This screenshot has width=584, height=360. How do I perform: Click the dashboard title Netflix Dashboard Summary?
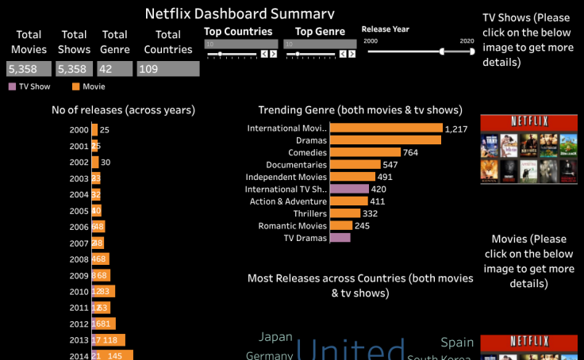240,13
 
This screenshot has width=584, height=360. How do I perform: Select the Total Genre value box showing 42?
115,69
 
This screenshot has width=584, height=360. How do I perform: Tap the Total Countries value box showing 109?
167,69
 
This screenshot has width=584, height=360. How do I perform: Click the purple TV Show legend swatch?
12,86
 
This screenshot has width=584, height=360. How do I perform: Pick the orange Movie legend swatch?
75,86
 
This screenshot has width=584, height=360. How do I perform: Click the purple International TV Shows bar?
349,190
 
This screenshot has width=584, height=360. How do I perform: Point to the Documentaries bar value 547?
390,165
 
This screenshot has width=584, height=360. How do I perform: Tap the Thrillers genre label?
305,213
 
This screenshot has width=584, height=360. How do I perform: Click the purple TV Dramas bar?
340,238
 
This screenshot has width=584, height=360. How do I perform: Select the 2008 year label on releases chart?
79,259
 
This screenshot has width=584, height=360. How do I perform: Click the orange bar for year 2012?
104,324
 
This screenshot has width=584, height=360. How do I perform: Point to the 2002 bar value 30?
106,162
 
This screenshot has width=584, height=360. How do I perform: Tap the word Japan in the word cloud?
275,337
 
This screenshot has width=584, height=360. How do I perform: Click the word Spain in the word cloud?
457,343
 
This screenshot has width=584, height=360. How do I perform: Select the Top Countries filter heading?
238,32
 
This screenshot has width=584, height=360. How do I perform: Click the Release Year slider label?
386,29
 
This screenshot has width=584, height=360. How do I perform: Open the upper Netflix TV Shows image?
528,149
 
